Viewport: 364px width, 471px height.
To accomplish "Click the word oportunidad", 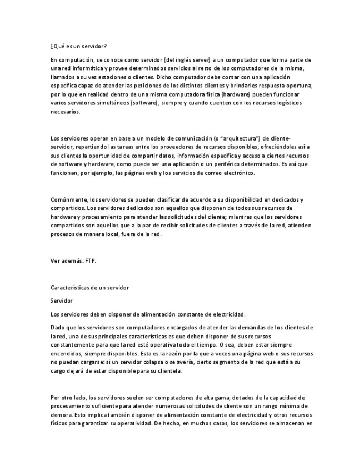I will coord(103,156).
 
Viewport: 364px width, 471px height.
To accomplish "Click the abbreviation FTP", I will coord(90,260).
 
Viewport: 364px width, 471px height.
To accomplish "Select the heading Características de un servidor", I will coord(89,287).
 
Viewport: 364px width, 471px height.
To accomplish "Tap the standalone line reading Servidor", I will coord(62,300).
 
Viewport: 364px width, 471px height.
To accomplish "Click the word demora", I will coord(61,415).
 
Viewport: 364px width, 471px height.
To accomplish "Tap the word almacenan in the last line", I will coord(287,424).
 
